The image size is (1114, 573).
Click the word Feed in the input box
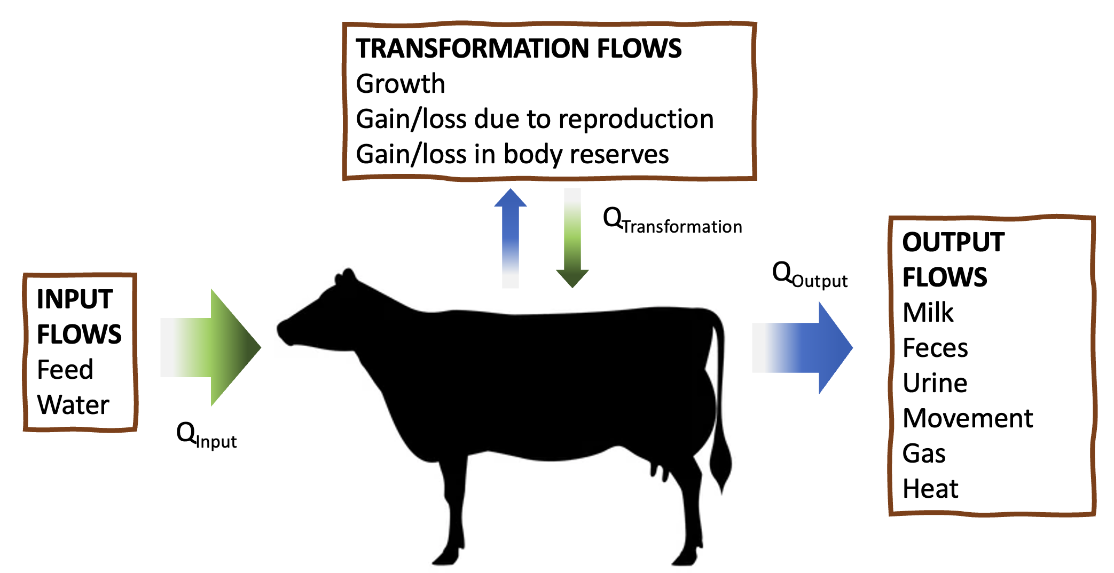tap(65, 369)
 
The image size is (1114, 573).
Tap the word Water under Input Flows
tap(73, 404)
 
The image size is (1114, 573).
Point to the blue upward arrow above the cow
tap(511, 235)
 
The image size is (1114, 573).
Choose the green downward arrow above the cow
tap(572, 240)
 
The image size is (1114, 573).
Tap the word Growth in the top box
tap(401, 84)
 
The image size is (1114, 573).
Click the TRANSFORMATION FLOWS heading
tap(519, 49)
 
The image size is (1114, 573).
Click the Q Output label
tap(810, 275)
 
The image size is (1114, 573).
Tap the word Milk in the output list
tap(928, 313)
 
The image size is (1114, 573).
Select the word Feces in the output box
tap(935, 348)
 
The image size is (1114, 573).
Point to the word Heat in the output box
tap(930, 489)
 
